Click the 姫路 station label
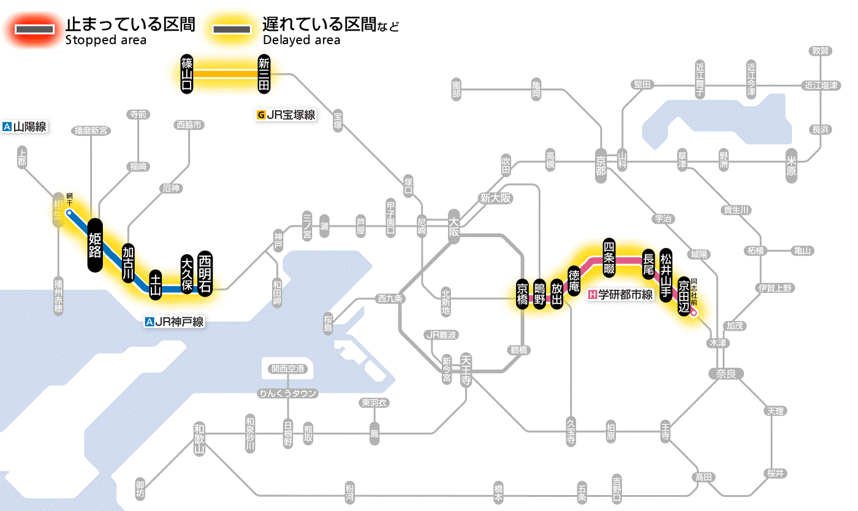[x=95, y=244]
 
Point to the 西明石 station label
[x=205, y=273]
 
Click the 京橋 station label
[x=523, y=294]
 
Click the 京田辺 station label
[x=684, y=297]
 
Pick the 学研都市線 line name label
[x=621, y=295]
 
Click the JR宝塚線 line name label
[x=287, y=115]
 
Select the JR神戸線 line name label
[x=175, y=322]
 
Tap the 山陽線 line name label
[x=25, y=127]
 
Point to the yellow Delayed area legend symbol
[x=231, y=29]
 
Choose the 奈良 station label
[x=726, y=373]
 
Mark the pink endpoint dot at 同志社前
[x=694, y=312]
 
